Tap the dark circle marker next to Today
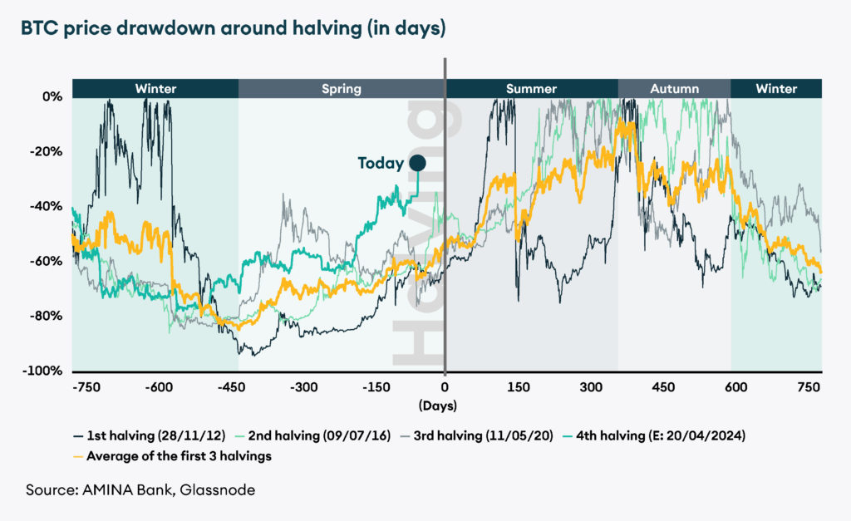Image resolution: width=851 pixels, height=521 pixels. pyautogui.click(x=417, y=164)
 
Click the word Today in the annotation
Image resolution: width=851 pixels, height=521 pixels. pyautogui.click(x=381, y=164)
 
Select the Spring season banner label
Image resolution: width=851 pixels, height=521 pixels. pyautogui.click(x=341, y=88)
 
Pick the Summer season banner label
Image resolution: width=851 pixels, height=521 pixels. pyautogui.click(x=531, y=88)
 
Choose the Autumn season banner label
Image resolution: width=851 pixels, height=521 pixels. pyautogui.click(x=674, y=88)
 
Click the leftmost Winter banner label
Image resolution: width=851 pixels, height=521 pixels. pyautogui.click(x=155, y=88)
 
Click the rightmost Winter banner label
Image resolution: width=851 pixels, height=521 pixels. pyautogui.click(x=776, y=88)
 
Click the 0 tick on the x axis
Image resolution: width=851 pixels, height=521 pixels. pyautogui.click(x=445, y=388)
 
